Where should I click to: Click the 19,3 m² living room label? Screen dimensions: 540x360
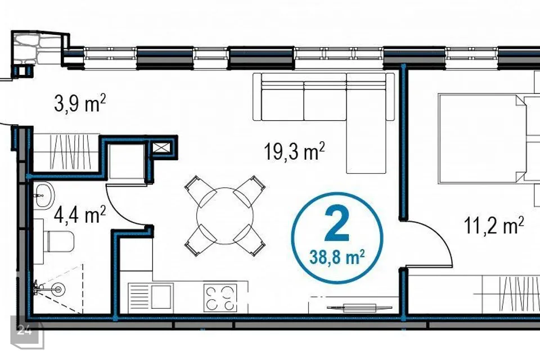294,151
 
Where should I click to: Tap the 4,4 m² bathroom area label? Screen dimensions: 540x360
79,214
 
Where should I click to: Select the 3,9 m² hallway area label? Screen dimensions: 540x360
79,103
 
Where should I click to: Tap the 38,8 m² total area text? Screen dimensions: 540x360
337,257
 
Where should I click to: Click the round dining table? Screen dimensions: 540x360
224,216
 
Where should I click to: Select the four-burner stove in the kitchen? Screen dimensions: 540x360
220,298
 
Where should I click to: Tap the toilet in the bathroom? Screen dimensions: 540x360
58,241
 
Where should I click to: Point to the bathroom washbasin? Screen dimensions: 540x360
44,195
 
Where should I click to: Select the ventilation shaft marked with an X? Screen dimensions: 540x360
161,148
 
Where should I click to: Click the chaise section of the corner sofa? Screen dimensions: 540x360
366,123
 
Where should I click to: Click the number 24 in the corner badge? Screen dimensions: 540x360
25,330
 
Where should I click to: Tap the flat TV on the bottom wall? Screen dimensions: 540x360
359,307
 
